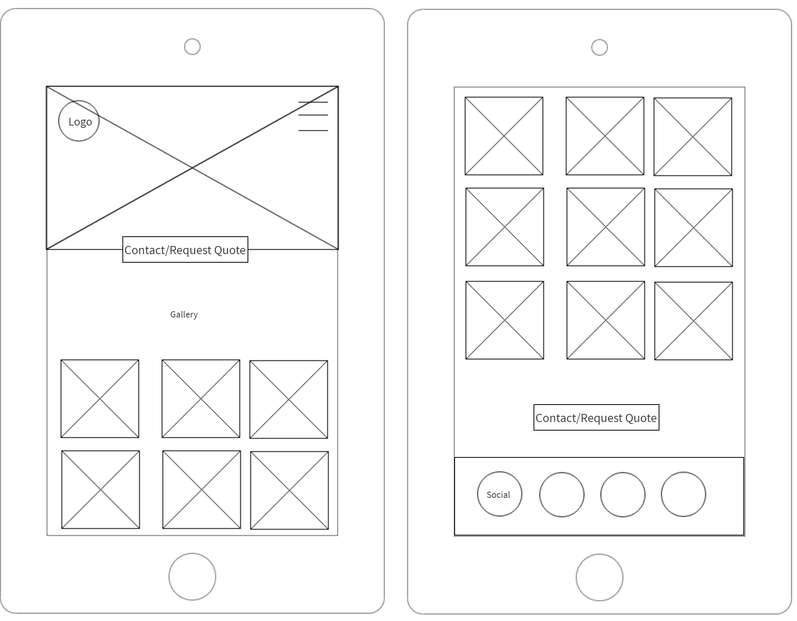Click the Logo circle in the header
(79, 121)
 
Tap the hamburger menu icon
(313, 116)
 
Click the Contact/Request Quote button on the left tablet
(185, 249)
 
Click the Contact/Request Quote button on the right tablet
(596, 417)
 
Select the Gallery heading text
(184, 314)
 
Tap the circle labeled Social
(499, 494)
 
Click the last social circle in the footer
(683, 494)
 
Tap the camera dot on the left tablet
(192, 47)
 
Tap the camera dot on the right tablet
(599, 47)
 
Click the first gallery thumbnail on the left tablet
(100, 399)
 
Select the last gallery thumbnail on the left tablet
(290, 490)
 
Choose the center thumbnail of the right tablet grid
(605, 227)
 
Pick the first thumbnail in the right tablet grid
(504, 136)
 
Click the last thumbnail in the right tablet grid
(693, 321)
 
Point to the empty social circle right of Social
(562, 494)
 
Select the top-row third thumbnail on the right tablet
(692, 137)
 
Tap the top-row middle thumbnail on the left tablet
(201, 399)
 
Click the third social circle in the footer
(623, 494)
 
